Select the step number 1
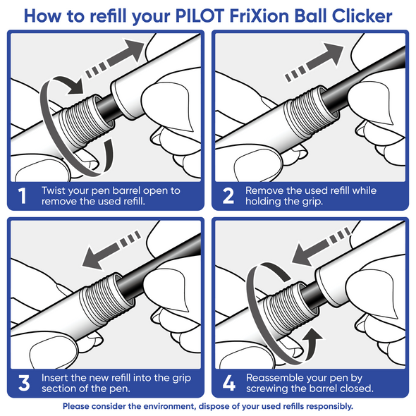pyautogui.click(x=24, y=195)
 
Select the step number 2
pyautogui.click(x=228, y=195)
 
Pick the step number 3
pyautogui.click(x=24, y=383)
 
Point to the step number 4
pyautogui.click(x=228, y=383)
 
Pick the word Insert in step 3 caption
pyautogui.click(x=55, y=378)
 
